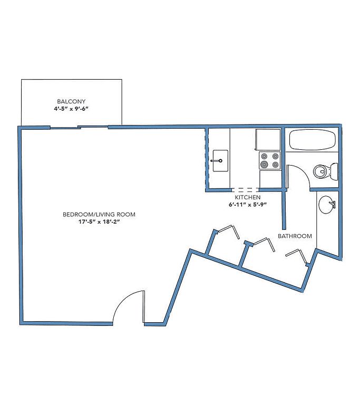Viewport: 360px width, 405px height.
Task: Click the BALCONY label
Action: [x=71, y=101]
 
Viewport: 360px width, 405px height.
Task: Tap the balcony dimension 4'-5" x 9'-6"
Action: [x=71, y=109]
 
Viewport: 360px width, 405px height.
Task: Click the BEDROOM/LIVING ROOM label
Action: [x=99, y=215]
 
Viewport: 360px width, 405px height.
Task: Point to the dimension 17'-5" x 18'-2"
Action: [x=99, y=221]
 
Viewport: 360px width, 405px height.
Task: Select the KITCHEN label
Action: [x=247, y=197]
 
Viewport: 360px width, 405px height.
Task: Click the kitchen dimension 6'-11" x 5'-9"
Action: [x=247, y=205]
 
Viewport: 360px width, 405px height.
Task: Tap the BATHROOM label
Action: [x=295, y=236]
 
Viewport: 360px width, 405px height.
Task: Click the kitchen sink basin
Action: [x=220, y=161]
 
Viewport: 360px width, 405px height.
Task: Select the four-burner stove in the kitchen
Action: [x=270, y=160]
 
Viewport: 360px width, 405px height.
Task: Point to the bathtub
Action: [x=312, y=140]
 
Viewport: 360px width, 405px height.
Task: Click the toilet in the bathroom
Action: [x=325, y=171]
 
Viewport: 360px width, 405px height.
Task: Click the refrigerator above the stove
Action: [x=268, y=140]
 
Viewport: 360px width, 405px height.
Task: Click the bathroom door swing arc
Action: [x=301, y=172]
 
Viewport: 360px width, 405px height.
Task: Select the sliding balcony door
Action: [x=79, y=127]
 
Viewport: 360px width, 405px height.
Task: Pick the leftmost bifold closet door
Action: [x=228, y=230]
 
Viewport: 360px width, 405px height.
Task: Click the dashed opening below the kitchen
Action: [x=245, y=190]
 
